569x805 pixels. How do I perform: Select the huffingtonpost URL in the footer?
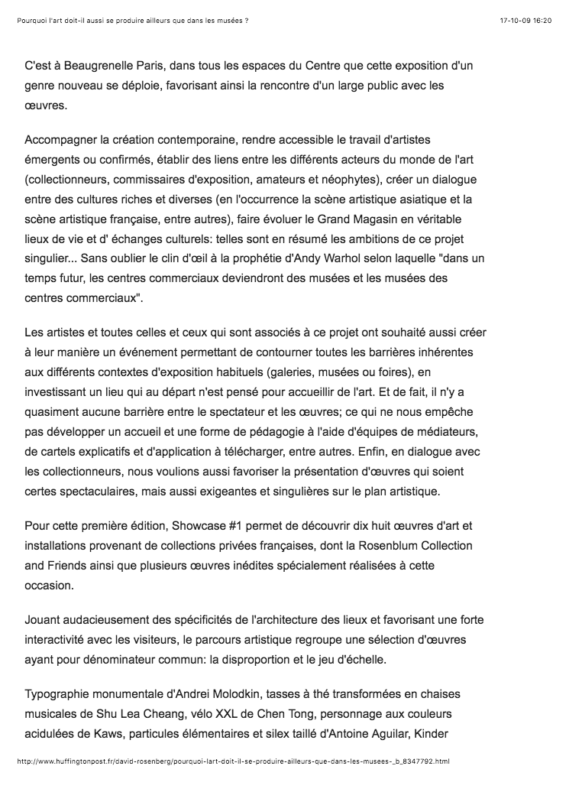(x=233, y=761)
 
